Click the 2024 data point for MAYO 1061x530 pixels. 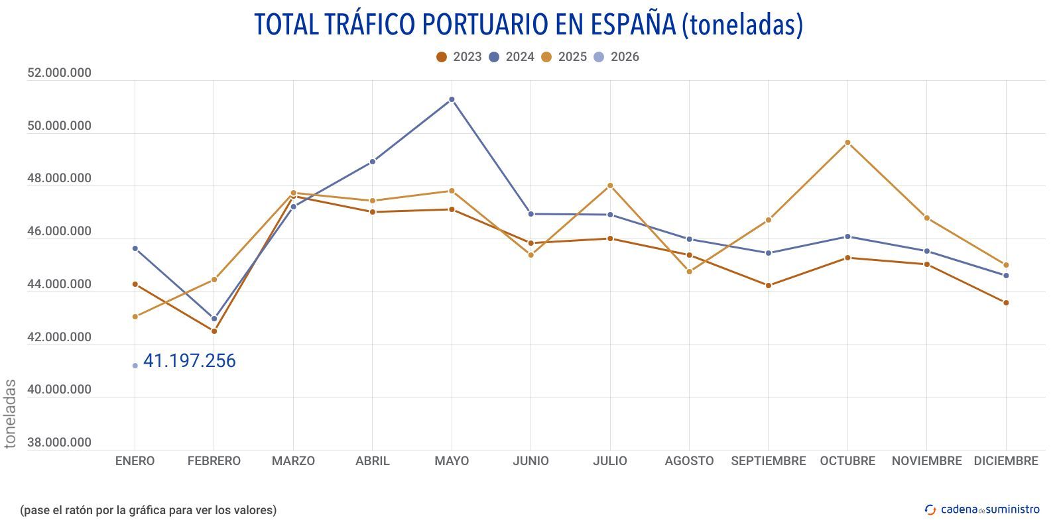click(452, 99)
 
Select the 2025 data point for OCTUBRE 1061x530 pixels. click(847, 142)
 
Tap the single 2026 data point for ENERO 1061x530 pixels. click(135, 366)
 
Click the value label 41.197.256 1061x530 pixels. click(190, 361)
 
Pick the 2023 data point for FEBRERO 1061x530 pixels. click(214, 331)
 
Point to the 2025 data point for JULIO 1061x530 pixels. click(610, 185)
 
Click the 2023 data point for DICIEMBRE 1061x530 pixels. click(1006, 303)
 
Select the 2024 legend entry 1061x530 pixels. click(512, 57)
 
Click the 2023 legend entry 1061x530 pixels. click(459, 57)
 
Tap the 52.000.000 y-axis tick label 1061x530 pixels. click(59, 73)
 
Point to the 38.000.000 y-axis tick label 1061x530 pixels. click(59, 443)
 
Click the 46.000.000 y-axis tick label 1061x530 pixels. click(59, 231)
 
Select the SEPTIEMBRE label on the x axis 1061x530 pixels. click(768, 461)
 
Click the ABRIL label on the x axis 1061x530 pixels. click(372, 461)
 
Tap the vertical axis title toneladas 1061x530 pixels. click(10, 413)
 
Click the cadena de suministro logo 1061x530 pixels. click(982, 509)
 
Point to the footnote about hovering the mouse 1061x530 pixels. click(148, 510)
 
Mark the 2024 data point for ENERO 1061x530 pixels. click(135, 248)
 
